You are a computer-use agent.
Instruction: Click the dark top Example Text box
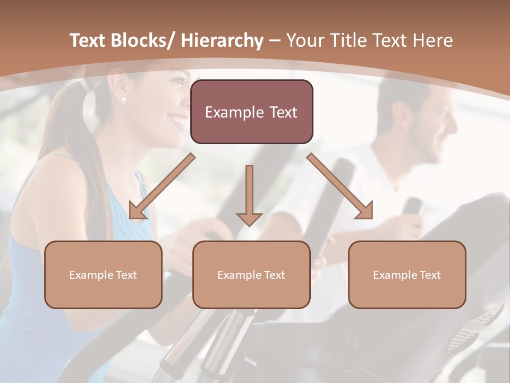tap(251, 112)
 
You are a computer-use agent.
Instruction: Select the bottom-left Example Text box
tap(103, 274)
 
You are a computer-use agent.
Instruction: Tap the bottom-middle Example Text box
tap(251, 274)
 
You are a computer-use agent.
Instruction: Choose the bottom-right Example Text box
tap(407, 274)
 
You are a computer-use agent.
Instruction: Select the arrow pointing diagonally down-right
tap(340, 186)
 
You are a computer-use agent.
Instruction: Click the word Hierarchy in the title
tap(222, 40)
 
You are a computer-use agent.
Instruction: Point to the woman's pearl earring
tap(124, 99)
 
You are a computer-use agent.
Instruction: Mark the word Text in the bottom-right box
tap(430, 275)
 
